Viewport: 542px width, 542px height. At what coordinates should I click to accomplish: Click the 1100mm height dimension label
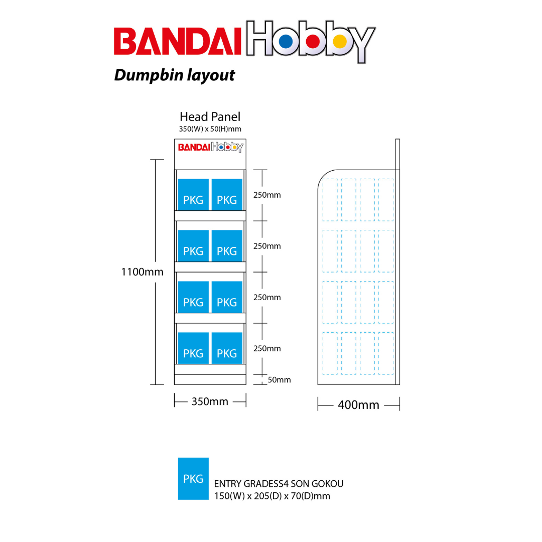pyautogui.click(x=142, y=272)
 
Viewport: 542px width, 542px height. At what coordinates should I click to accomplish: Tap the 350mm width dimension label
pyautogui.click(x=210, y=401)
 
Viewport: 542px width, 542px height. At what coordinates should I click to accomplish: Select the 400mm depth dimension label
pyautogui.click(x=358, y=404)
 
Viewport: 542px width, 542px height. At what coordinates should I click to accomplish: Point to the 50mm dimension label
pyautogui.click(x=279, y=380)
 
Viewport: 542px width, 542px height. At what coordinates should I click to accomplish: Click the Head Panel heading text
pyautogui.click(x=210, y=117)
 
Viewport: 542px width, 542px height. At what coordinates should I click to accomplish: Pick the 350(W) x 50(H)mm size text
pyautogui.click(x=210, y=129)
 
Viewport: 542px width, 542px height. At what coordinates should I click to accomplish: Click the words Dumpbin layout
pyautogui.click(x=174, y=75)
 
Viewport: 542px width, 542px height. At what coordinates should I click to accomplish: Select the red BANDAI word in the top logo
pyautogui.click(x=179, y=41)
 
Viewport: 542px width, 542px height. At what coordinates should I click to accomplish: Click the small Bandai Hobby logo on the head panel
pyautogui.click(x=210, y=147)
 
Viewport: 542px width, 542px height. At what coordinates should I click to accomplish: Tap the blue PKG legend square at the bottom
pyautogui.click(x=193, y=478)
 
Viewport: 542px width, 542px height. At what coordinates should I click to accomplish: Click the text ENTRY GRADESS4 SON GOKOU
pyautogui.click(x=279, y=484)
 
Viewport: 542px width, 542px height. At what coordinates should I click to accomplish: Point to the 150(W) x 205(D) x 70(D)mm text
pyautogui.click(x=272, y=496)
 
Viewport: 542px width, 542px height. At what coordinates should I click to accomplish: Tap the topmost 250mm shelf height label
pyautogui.click(x=267, y=195)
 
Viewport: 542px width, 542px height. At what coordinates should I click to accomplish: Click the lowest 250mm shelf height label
pyautogui.click(x=267, y=349)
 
